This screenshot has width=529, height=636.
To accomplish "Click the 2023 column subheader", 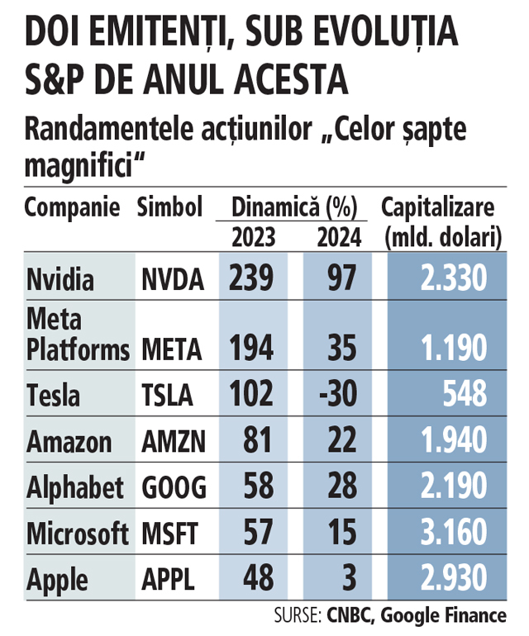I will (x=253, y=238).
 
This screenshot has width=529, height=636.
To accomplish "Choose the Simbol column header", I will (x=169, y=206).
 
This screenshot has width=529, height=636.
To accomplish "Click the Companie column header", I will (x=73, y=207).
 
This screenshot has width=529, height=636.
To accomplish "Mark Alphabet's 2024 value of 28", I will (x=339, y=487).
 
